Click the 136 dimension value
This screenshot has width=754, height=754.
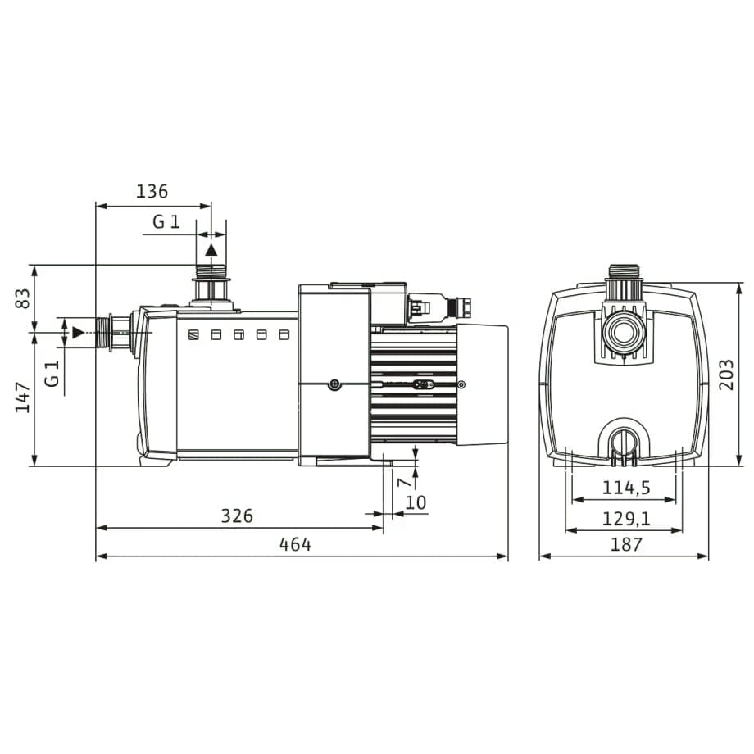click(x=152, y=192)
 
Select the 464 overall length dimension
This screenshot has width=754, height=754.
click(x=295, y=544)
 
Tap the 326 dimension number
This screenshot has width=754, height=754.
click(x=237, y=516)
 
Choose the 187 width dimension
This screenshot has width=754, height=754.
click(x=626, y=544)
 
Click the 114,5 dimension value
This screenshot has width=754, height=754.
click(x=625, y=488)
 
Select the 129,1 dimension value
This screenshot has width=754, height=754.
click(x=625, y=518)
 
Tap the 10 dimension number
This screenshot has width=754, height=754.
click(x=416, y=502)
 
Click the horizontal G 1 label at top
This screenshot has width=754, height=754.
click(x=166, y=221)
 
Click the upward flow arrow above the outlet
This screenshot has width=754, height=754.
click(x=211, y=250)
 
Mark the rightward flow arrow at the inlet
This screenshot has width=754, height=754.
click(x=78, y=332)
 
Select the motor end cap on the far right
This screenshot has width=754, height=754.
click(x=482, y=384)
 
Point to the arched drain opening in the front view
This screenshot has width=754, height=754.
click(x=625, y=438)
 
